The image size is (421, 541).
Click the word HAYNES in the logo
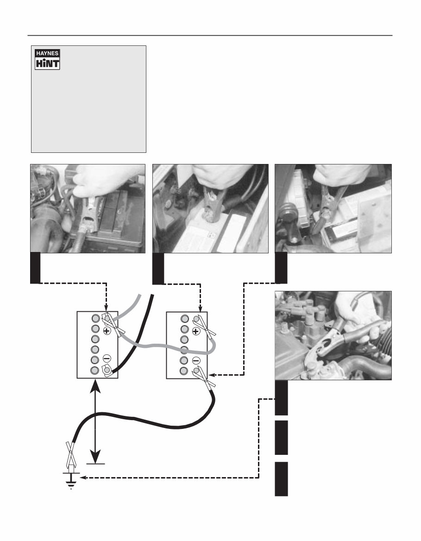[x=48, y=53]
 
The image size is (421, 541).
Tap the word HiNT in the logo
[x=48, y=63]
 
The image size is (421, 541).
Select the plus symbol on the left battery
[x=107, y=331]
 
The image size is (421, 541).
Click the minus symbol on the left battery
[x=107, y=359]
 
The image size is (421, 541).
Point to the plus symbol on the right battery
[x=196, y=331]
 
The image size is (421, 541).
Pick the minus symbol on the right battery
[x=196, y=360]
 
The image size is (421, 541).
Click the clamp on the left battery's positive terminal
[x=113, y=324]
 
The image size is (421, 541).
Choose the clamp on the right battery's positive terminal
[x=203, y=325]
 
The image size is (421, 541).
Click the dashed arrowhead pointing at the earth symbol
[x=83, y=479]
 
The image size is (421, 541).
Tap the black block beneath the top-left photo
[x=35, y=268]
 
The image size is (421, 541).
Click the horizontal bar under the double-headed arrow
[x=95, y=463]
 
